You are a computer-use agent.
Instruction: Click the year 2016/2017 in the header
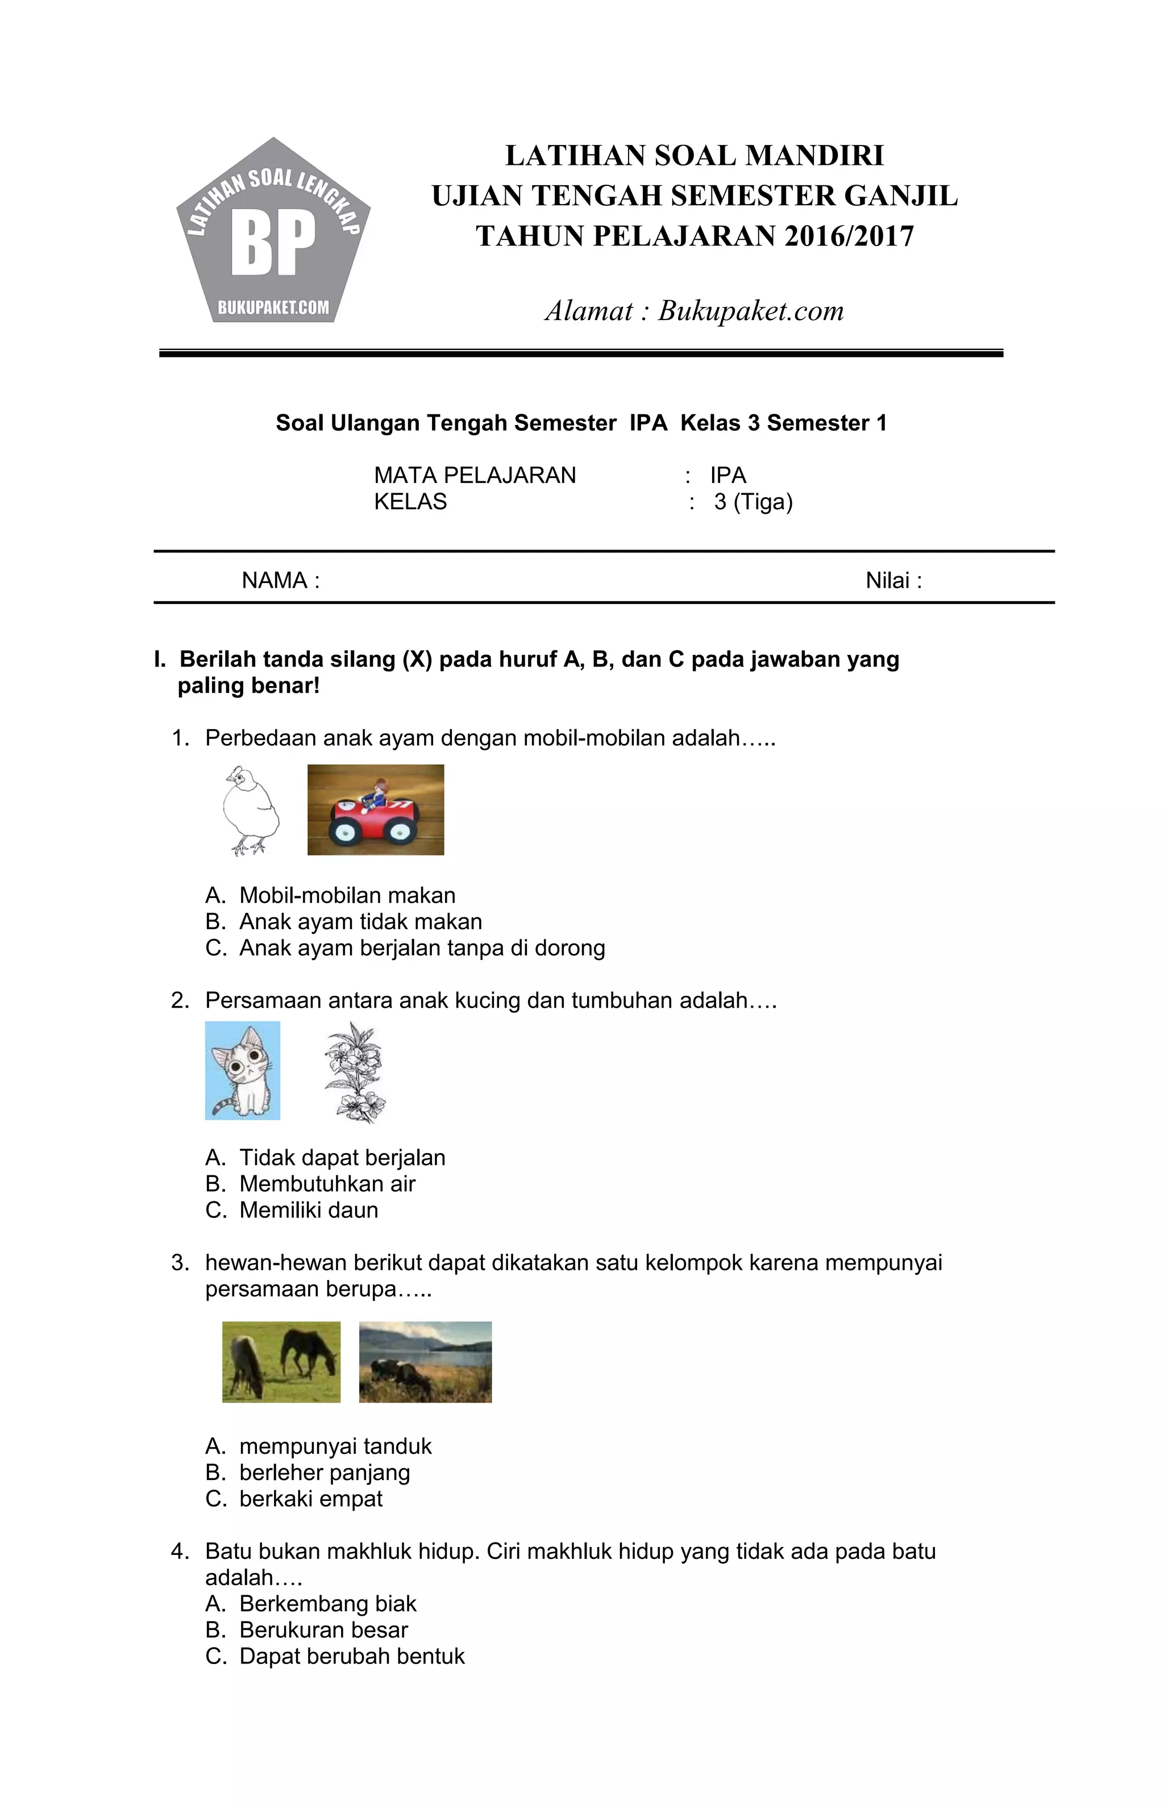[849, 236]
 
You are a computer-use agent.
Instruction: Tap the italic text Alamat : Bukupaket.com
[694, 310]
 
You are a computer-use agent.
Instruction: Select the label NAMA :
[280, 580]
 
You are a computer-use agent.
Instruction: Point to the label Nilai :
[893, 580]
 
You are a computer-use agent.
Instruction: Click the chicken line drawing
[250, 810]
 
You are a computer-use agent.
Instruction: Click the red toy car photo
[376, 809]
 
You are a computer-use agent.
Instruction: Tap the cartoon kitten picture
[243, 1070]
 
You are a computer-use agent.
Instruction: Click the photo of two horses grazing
[281, 1362]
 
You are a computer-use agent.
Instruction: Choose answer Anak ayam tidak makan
[360, 922]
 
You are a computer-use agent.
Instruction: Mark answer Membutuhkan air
[327, 1184]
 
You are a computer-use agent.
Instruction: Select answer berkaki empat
[311, 1499]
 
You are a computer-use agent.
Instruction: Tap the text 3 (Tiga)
[753, 502]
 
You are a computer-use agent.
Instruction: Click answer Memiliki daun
[309, 1211]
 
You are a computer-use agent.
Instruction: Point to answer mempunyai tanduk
[335, 1446]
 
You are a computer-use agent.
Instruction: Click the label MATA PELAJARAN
[475, 475]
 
